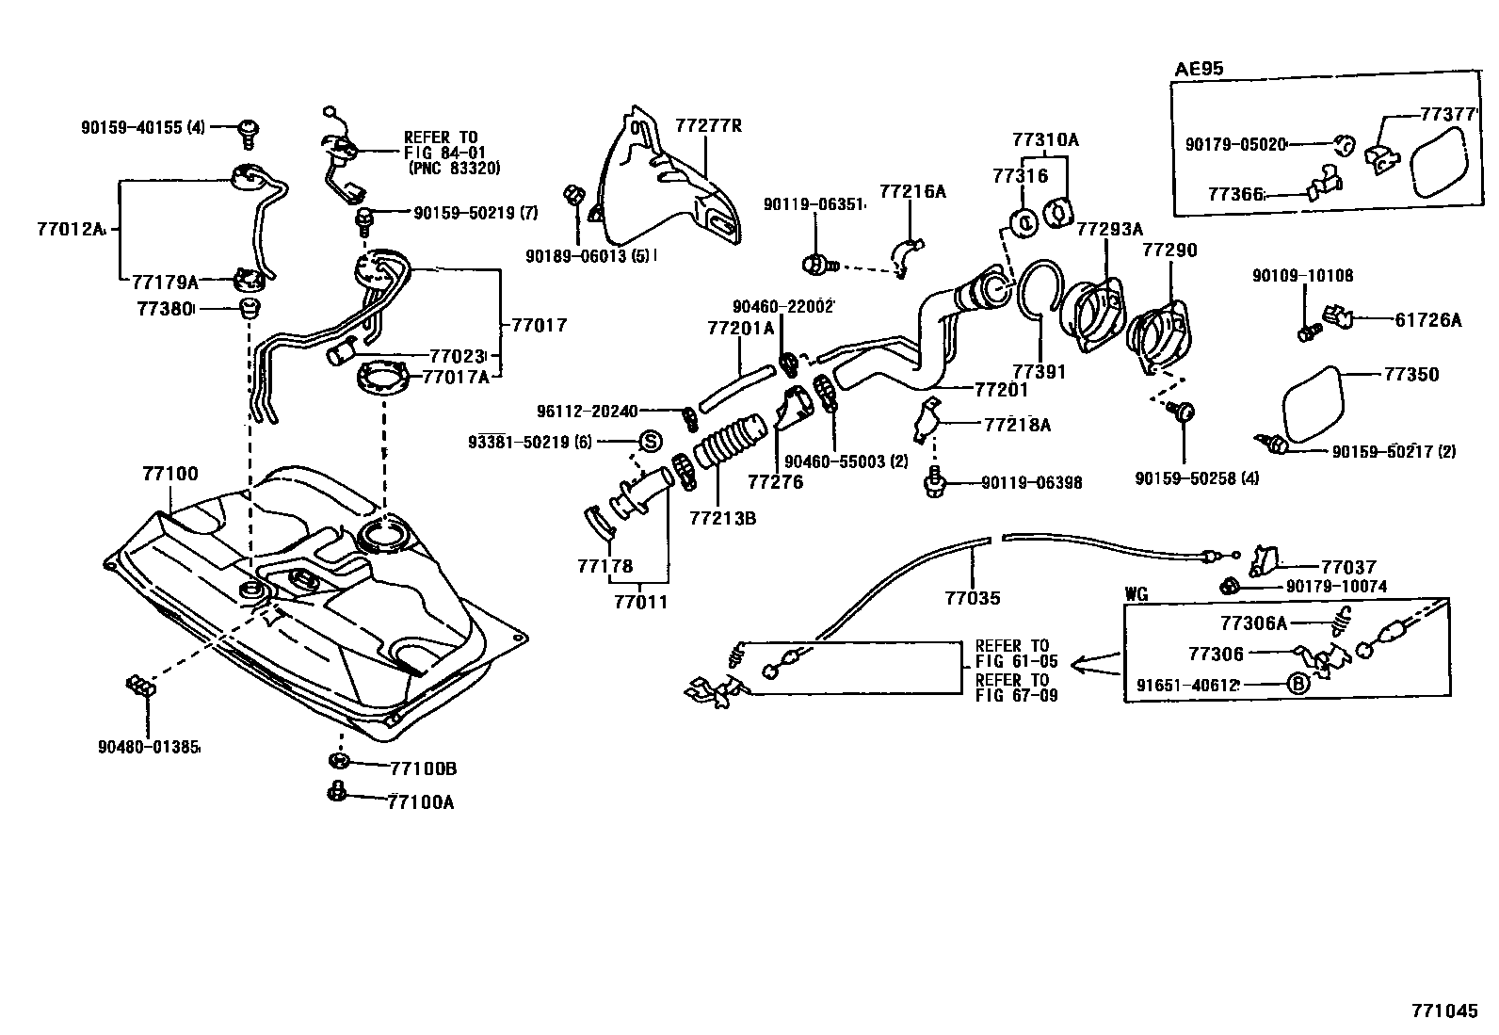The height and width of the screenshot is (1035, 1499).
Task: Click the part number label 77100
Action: pyautogui.click(x=169, y=475)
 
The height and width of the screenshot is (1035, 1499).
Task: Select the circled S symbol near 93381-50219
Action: pyautogui.click(x=651, y=441)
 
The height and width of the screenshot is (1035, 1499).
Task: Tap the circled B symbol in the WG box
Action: pyautogui.click(x=1298, y=685)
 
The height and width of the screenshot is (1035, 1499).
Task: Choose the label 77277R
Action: pyautogui.click(x=707, y=125)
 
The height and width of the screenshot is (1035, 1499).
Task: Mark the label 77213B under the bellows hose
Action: pyautogui.click(x=722, y=518)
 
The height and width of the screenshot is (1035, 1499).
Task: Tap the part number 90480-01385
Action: pyautogui.click(x=149, y=747)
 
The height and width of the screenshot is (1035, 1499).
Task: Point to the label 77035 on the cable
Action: pyautogui.click(x=973, y=597)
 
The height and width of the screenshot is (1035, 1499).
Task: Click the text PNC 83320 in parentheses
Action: pyautogui.click(x=454, y=169)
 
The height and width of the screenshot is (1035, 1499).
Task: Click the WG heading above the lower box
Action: pyautogui.click(x=1136, y=594)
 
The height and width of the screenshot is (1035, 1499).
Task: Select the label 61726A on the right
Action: pyautogui.click(x=1427, y=320)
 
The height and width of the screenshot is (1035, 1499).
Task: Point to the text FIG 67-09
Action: pyautogui.click(x=1016, y=695)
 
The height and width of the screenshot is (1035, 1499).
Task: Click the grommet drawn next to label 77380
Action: pyautogui.click(x=249, y=308)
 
